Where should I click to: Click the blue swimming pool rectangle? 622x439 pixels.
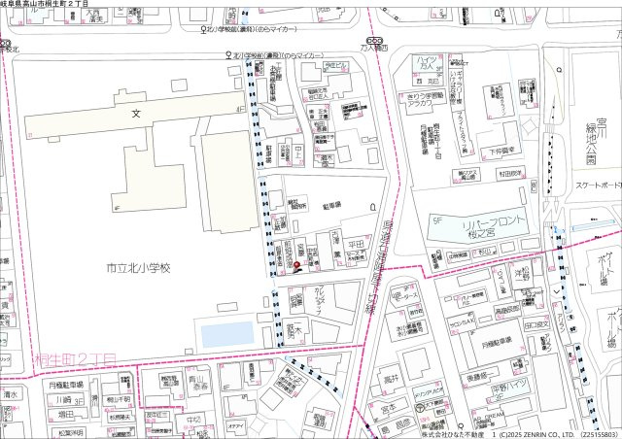coord(226,335)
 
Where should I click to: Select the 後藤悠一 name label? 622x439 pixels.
coord(483,377)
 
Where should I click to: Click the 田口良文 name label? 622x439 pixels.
coord(536,327)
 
